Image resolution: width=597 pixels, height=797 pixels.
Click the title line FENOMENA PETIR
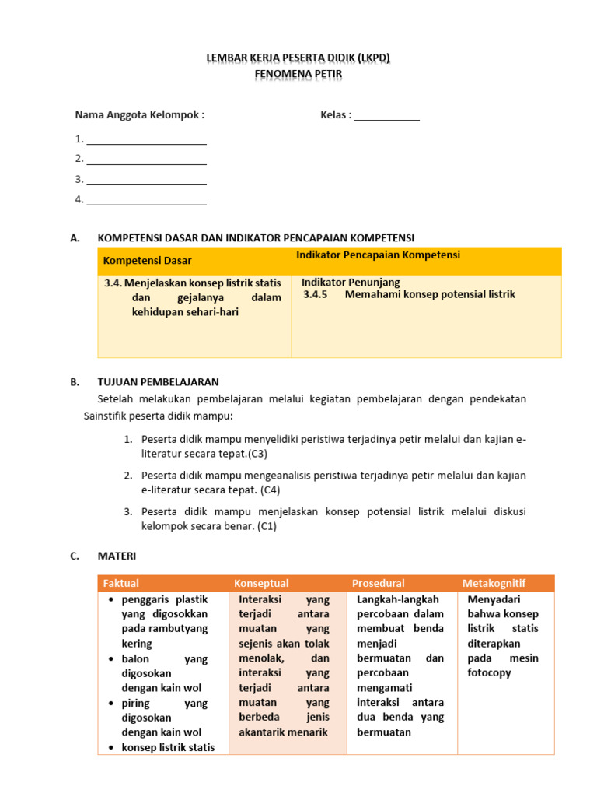[298, 74]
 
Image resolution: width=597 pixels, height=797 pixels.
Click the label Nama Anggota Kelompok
[139, 115]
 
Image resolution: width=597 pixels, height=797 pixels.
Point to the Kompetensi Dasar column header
[147, 260]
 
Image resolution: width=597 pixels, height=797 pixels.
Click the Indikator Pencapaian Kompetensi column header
[378, 255]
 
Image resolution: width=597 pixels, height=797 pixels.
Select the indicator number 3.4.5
[316, 295]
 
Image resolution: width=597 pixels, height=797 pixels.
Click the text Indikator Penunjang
[351, 283]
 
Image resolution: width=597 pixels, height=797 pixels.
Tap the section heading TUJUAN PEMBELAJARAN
[158, 382]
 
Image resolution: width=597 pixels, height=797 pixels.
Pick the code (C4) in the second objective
[271, 490]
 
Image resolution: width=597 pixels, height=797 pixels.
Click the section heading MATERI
[116, 556]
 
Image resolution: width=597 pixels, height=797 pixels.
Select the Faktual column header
[121, 584]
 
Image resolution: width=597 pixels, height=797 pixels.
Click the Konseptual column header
[261, 584]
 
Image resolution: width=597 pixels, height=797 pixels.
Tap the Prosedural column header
[378, 584]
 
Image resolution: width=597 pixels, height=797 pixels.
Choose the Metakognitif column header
[494, 584]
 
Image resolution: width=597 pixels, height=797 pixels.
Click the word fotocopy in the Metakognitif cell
[489, 672]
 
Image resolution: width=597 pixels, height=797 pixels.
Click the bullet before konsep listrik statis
[112, 748]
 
